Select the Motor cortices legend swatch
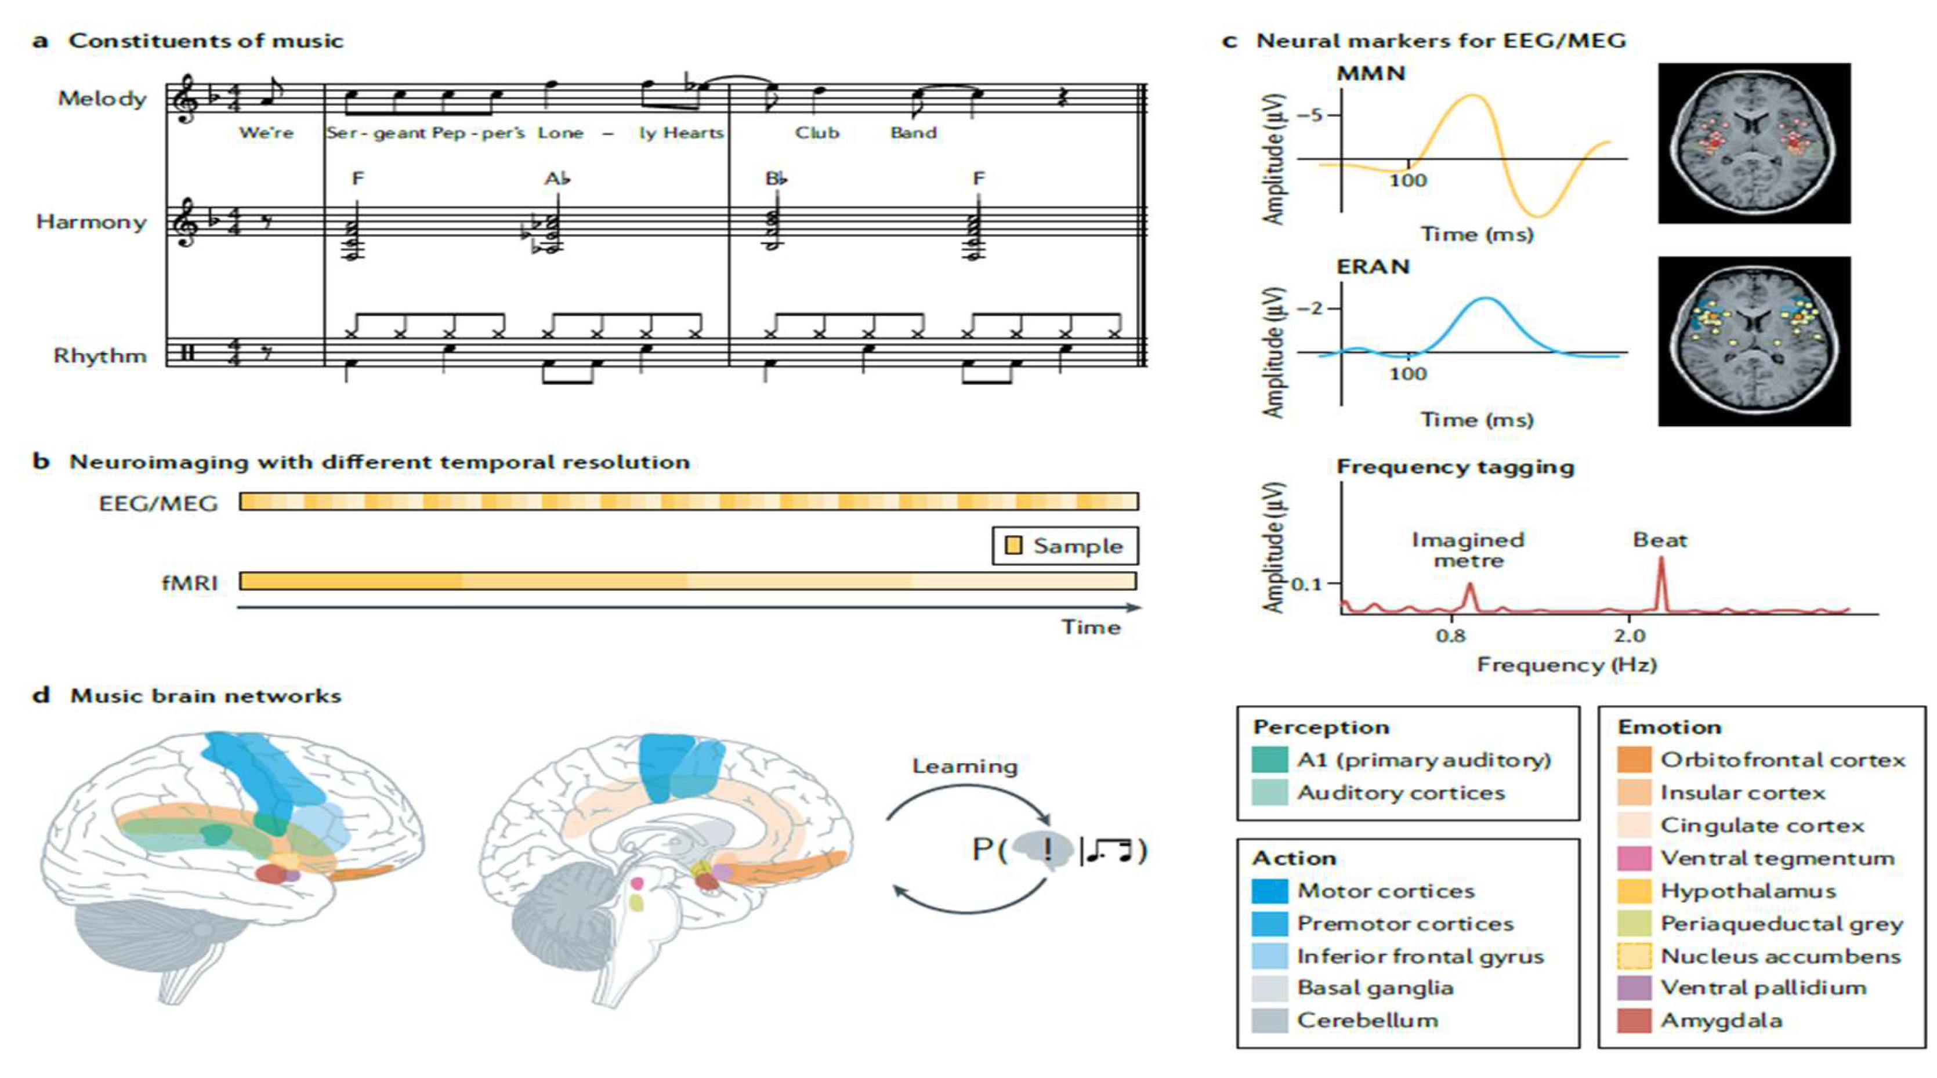[x=1270, y=891]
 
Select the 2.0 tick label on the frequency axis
[x=1629, y=635]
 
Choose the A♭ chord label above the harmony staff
[x=557, y=179]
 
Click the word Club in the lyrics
[x=817, y=133]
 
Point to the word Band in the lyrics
[x=914, y=133]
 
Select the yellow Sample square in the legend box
[x=1013, y=545]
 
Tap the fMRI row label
[x=190, y=583]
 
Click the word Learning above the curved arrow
[x=965, y=767]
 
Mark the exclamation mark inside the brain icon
[x=1048, y=850]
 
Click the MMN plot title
[x=1371, y=74]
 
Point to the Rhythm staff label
[x=100, y=355]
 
